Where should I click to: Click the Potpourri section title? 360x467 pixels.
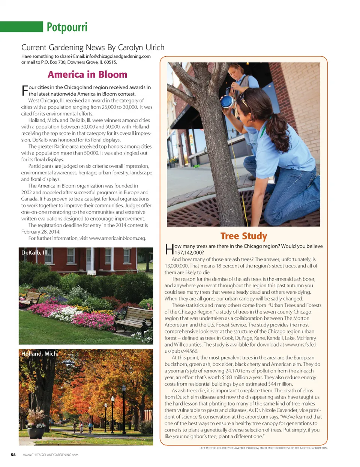click(67, 27)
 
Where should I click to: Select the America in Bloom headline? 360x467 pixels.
click(87, 74)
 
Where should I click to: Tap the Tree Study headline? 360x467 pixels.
click(244, 236)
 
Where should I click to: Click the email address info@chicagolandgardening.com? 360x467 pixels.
click(118, 56)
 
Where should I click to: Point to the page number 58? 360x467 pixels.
click(13, 455)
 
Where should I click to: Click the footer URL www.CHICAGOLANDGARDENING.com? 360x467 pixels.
click(51, 455)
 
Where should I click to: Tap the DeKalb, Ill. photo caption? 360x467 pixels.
click(35, 252)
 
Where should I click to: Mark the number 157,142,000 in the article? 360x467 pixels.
click(189, 252)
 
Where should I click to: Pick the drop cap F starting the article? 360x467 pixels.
click(25, 90)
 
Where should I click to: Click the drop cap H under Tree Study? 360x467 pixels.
click(169, 249)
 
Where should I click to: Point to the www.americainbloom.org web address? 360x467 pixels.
click(117, 238)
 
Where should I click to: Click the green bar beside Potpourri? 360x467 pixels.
click(21, 27)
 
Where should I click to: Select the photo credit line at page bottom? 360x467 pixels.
click(263, 448)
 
